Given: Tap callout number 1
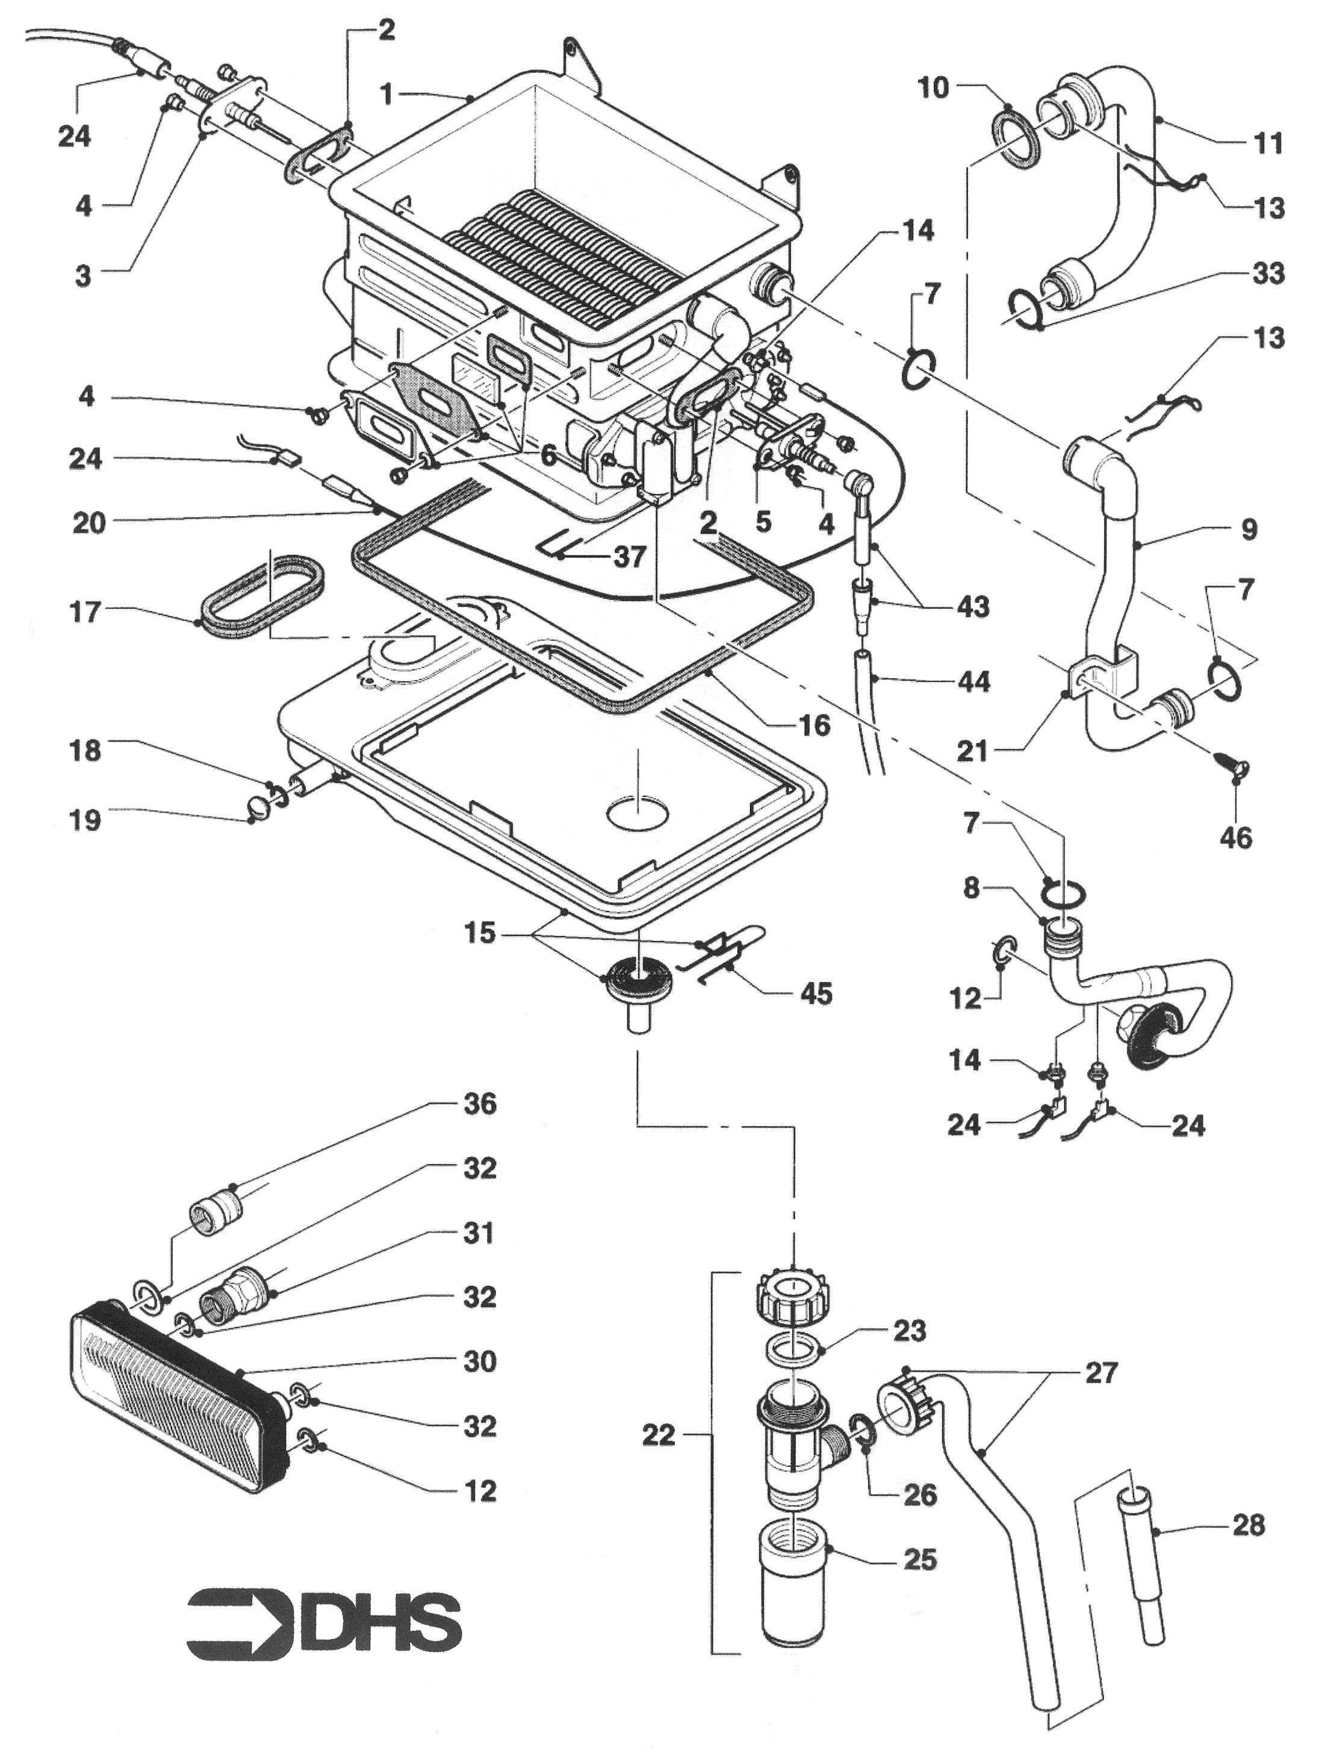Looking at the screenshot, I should coord(386,95).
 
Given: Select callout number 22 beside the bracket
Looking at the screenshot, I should coord(659,1434).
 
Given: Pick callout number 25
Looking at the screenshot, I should coord(919,1559).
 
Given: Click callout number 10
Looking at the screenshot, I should coord(933,87).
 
